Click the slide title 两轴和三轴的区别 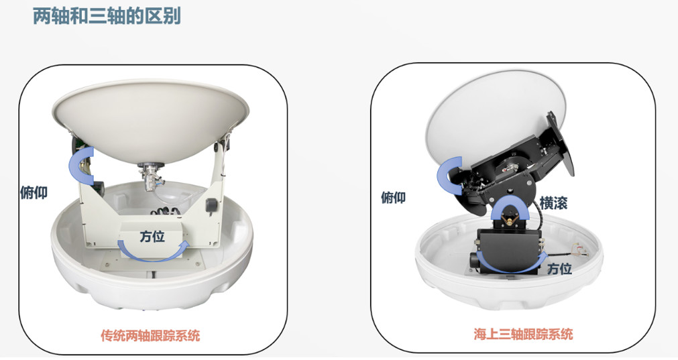coord(107,16)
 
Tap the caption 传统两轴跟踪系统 coord(150,335)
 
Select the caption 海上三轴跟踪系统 coord(523,334)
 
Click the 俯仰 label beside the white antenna coord(34,192)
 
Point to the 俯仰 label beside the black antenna coord(393,198)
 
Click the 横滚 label coord(553,202)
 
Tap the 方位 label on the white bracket coord(152,237)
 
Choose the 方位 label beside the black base coord(559,268)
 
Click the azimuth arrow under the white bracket coord(154,257)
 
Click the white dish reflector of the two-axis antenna coord(150,122)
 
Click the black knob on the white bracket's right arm coord(211,205)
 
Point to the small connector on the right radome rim coord(577,251)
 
